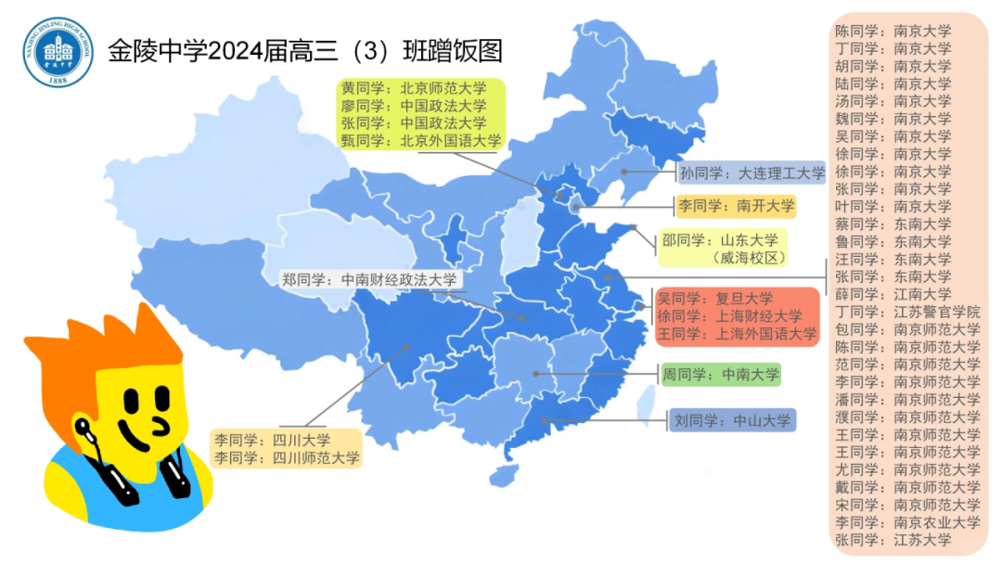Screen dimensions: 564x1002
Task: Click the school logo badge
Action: (x=58, y=52)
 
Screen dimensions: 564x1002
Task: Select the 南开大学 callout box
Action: (x=736, y=206)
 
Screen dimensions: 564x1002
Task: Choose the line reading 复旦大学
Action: (x=714, y=299)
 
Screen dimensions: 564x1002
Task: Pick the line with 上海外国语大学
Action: (x=737, y=334)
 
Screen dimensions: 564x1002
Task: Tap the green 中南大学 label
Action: (x=720, y=375)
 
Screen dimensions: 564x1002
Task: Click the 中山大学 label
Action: (x=731, y=421)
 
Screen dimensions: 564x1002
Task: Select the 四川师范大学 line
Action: (x=287, y=457)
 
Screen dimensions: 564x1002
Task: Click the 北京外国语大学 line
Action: (x=420, y=141)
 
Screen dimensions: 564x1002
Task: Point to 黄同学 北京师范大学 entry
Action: (x=413, y=89)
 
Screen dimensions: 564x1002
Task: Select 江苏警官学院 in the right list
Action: (x=906, y=312)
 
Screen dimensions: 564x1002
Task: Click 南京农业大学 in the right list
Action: (x=906, y=522)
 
